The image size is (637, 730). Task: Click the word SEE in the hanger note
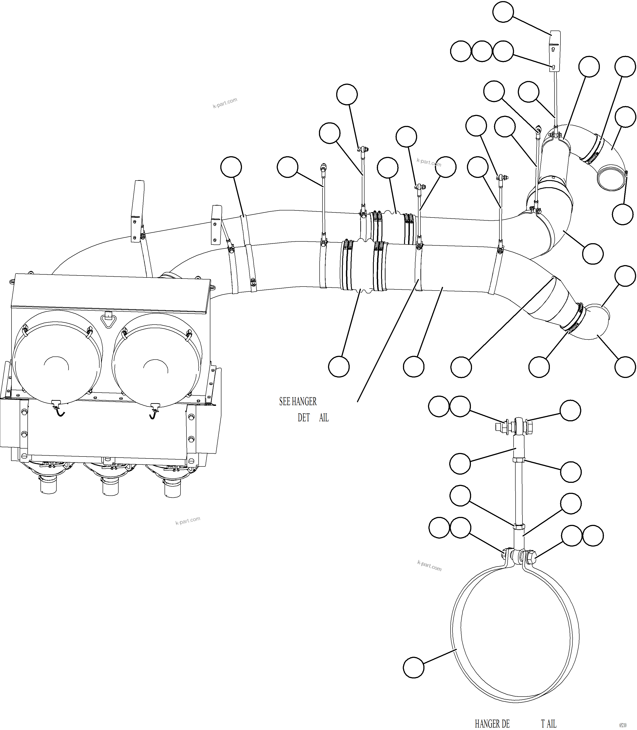[x=284, y=401]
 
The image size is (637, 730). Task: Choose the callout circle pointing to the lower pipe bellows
[x=339, y=367]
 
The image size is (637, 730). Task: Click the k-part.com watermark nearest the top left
[x=225, y=103]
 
